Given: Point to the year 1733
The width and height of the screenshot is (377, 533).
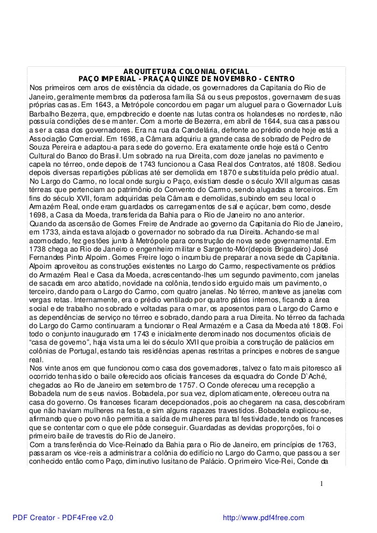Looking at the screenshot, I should coord(50,231).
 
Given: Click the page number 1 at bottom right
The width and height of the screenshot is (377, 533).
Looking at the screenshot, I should coord(321,484).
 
